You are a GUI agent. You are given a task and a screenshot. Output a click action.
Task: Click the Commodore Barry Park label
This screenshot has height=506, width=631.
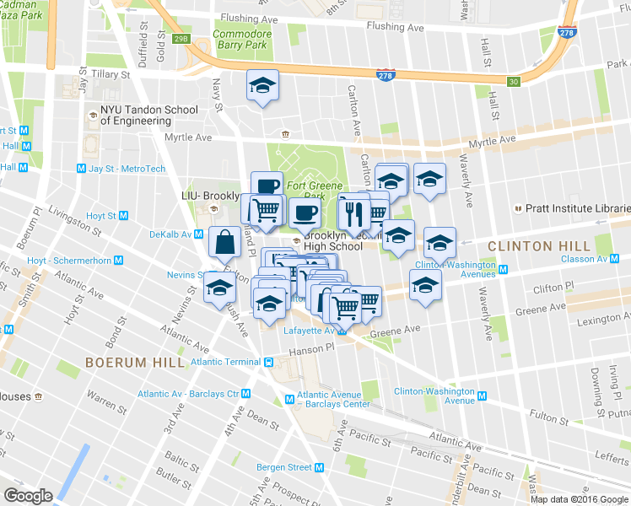pyautogui.click(x=242, y=40)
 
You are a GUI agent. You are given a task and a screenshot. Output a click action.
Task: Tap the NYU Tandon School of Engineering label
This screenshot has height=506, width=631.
pyautogui.click(x=148, y=115)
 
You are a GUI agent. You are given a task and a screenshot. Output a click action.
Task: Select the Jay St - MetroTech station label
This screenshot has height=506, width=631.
pyautogui.click(x=127, y=169)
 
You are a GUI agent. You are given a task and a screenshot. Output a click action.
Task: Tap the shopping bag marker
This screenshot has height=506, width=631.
pyautogui.click(x=226, y=242)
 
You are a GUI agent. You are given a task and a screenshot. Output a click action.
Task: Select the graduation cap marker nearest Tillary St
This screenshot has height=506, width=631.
pyautogui.click(x=263, y=84)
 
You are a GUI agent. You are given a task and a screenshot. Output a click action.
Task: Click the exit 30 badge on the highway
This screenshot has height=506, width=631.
pyautogui.click(x=513, y=81)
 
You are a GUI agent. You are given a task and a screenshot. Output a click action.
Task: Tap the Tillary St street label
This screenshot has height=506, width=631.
pyautogui.click(x=111, y=74)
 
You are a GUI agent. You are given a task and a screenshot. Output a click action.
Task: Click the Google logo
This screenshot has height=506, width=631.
pyautogui.click(x=28, y=495)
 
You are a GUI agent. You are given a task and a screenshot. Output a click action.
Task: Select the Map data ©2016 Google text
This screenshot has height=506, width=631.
pyautogui.click(x=578, y=498)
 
